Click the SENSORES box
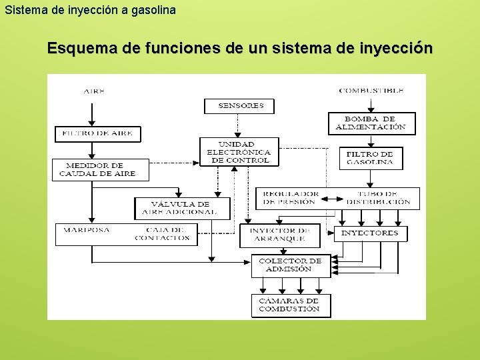coord(239,105)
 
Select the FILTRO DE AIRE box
coord(97,133)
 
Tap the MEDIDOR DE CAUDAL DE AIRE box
coord(100,169)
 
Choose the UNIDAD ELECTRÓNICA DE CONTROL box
coord(239,152)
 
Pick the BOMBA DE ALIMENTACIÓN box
coord(371,123)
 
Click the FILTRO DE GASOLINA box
coord(371,158)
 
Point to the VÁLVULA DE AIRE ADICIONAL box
coord(181,208)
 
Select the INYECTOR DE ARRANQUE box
coord(278,235)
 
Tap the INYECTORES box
coord(370,233)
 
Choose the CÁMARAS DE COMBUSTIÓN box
coord(289,305)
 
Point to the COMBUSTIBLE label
coord(371,91)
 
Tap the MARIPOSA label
coord(87,230)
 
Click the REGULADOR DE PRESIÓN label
coord(291,198)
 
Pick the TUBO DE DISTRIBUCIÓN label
coord(378,198)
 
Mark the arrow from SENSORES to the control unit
coord(239,126)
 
